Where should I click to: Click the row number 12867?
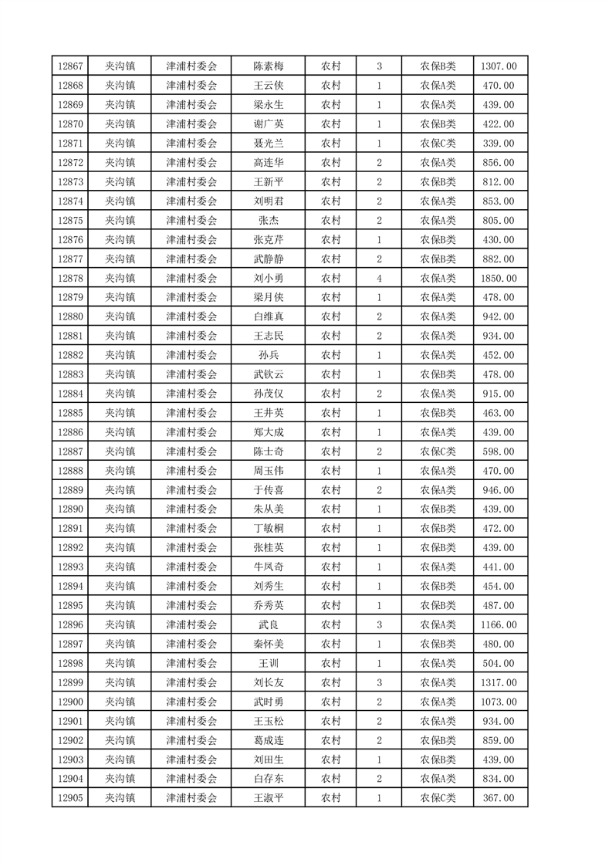tap(70, 66)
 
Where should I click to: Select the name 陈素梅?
tap(269, 66)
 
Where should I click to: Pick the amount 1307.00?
tap(499, 66)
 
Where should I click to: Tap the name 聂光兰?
tap(269, 143)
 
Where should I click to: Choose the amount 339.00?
tap(499, 143)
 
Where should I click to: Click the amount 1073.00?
tap(499, 702)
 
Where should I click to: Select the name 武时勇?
tap(269, 702)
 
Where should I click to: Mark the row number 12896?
tap(70, 624)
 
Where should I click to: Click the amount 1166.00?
tap(499, 624)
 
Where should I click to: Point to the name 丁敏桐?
tap(269, 529)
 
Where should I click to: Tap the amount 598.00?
tap(499, 452)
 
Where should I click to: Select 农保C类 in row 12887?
tap(438, 452)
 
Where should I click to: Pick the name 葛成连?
tap(269, 740)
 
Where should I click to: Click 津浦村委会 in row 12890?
tap(191, 509)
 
